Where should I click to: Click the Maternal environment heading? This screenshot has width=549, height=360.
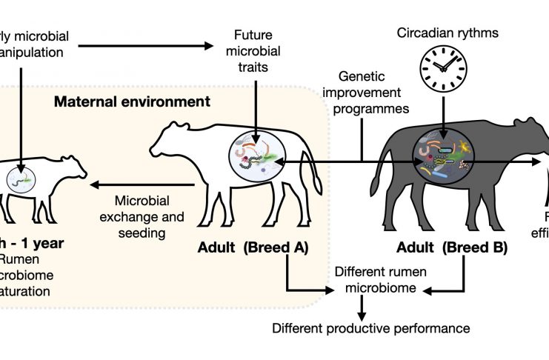132,99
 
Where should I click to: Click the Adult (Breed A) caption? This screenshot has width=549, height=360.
253,247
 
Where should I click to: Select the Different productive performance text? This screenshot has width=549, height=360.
371,327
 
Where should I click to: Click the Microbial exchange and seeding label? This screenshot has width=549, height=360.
143,216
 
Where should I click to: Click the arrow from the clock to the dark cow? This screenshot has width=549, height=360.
442,110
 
